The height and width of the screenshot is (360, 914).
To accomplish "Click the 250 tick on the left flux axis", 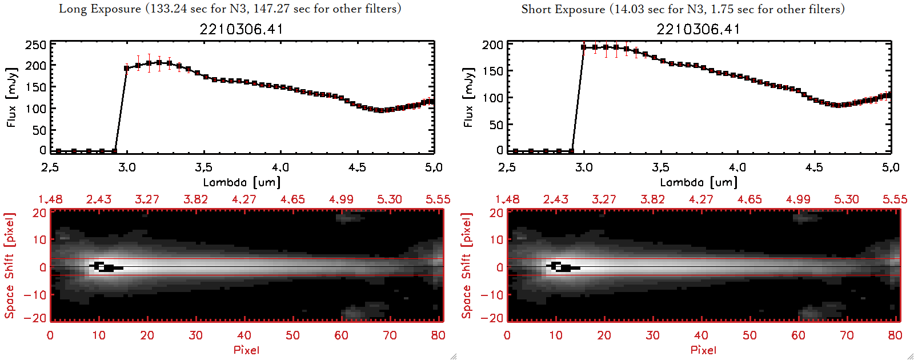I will tap(35, 45).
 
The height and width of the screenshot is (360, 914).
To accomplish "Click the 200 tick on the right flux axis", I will tap(492, 45).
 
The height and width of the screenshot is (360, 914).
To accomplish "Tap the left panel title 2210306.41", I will tap(241, 29).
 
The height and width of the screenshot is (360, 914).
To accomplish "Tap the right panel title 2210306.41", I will tap(698, 29).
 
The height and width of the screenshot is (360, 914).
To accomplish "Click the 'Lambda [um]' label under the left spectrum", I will tap(242, 182).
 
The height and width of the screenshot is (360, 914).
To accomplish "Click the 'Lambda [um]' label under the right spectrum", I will tap(699, 182).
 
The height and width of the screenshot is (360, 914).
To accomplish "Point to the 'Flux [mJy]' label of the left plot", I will tap(12, 97).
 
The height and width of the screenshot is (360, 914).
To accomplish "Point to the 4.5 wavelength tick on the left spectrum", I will tap(357, 167).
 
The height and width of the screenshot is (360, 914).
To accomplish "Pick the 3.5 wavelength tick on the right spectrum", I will tap(660, 167).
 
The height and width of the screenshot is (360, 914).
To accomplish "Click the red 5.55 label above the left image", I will tap(438, 199).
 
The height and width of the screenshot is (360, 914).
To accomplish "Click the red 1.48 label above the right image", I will tap(507, 199).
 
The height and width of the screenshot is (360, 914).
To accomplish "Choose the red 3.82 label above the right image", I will tap(652, 199).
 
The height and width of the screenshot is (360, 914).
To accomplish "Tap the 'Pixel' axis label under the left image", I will tap(246, 350).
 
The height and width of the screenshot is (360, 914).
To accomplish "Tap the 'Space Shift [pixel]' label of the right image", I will tap(467, 266).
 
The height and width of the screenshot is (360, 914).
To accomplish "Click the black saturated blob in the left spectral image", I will tap(106, 267).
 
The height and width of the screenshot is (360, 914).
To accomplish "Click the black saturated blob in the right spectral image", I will tap(563, 267).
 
